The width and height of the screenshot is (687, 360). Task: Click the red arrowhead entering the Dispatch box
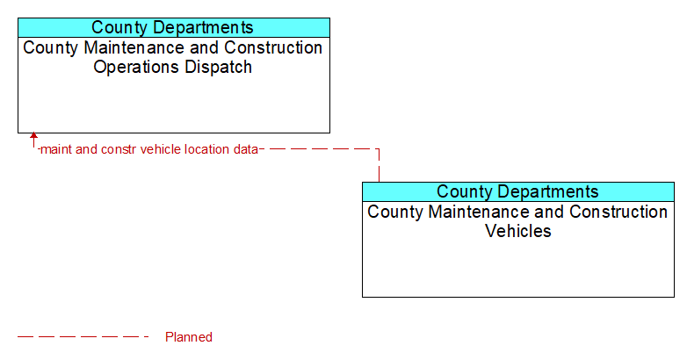point(33,135)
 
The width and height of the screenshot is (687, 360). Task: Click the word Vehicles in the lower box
point(517,231)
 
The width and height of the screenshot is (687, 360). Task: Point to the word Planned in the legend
point(189,337)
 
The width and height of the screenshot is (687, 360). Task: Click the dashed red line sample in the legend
point(83,337)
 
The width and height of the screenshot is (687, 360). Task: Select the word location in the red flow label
point(206,149)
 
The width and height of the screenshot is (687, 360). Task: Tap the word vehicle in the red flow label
point(161,149)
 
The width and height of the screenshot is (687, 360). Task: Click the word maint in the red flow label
point(56,149)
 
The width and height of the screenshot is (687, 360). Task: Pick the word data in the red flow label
point(245,149)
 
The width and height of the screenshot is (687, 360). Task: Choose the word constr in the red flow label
point(119,149)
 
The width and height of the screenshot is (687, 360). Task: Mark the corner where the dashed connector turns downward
point(379,149)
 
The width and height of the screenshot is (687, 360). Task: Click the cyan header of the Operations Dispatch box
point(174,27)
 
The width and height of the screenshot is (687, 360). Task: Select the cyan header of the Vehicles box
point(518,191)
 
